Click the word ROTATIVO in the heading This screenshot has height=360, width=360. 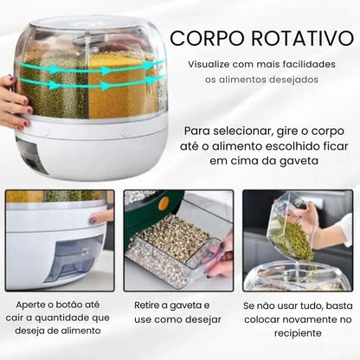tap(290, 40)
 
